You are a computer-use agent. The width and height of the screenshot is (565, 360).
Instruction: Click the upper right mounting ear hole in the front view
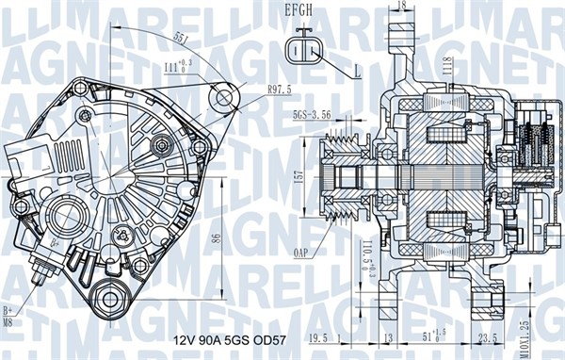pyautogui.click(x=223, y=95)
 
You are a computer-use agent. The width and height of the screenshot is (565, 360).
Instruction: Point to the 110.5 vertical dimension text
pyautogui.click(x=363, y=257)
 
